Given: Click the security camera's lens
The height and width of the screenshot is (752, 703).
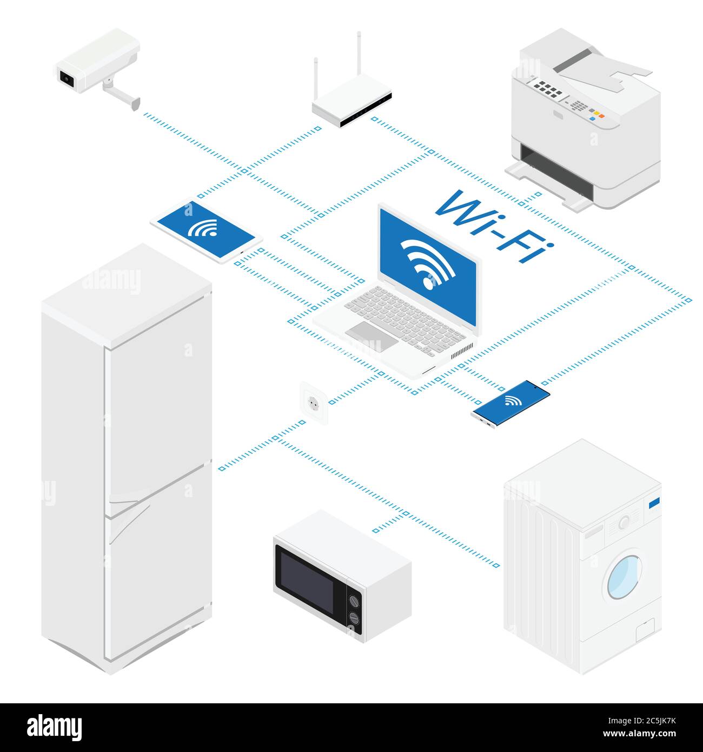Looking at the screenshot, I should click(x=67, y=78).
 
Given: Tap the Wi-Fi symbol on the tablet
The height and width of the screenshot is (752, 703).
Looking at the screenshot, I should click(x=202, y=229).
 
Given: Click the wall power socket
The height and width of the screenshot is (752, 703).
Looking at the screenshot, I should click(x=313, y=401).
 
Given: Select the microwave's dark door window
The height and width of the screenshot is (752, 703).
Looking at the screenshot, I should click(x=306, y=579).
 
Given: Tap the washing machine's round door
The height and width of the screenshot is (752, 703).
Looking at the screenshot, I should click(x=625, y=576).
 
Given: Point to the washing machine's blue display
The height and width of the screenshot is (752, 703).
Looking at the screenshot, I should click(x=654, y=502).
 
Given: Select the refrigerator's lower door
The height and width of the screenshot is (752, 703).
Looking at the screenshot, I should click(x=157, y=573).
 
